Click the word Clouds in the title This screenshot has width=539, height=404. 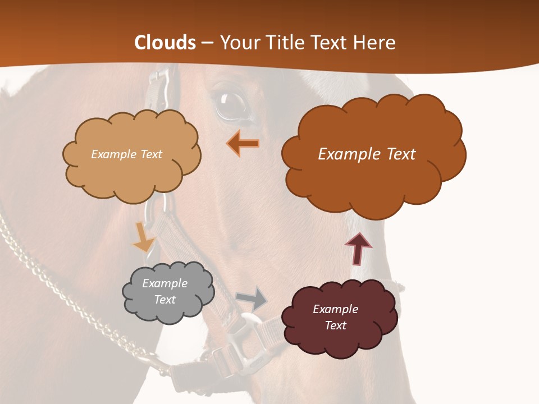(x=165, y=43)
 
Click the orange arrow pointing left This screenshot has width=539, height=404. (x=243, y=144)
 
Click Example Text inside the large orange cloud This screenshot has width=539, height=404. (x=367, y=154)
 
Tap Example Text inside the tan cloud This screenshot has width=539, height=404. (x=126, y=154)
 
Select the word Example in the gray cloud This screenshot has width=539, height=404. (x=165, y=283)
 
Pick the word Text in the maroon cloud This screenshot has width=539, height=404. (x=335, y=325)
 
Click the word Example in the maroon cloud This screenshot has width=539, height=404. (x=335, y=309)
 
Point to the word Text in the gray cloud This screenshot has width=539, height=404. (x=165, y=300)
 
